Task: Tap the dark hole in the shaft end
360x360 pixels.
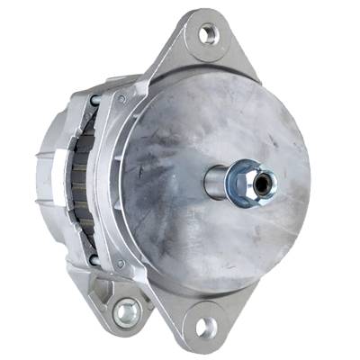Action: pos(262,183)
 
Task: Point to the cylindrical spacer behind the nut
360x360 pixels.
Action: pos(219,182)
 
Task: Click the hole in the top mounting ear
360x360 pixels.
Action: pos(209,35)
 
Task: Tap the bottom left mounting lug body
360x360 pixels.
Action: pos(121,301)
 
